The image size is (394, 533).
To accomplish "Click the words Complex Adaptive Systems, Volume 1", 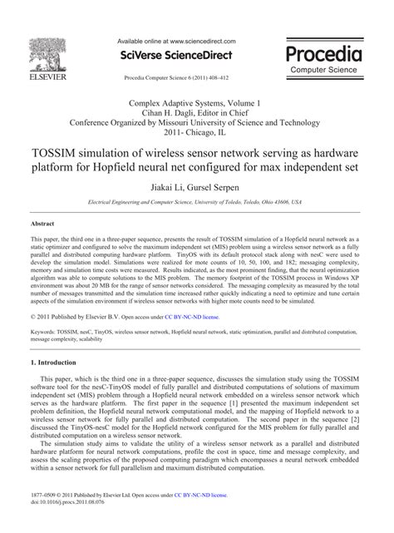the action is [x=197, y=102].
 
